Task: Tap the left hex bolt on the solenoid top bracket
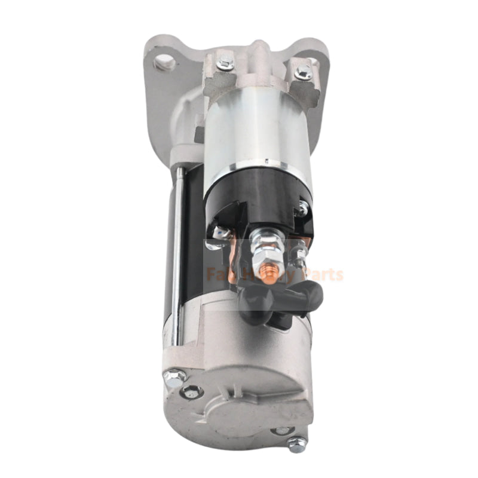(225, 61)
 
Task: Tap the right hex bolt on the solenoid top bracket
(303, 72)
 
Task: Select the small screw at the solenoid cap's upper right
(304, 209)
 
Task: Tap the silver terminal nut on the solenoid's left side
(221, 232)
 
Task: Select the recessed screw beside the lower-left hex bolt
(192, 392)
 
